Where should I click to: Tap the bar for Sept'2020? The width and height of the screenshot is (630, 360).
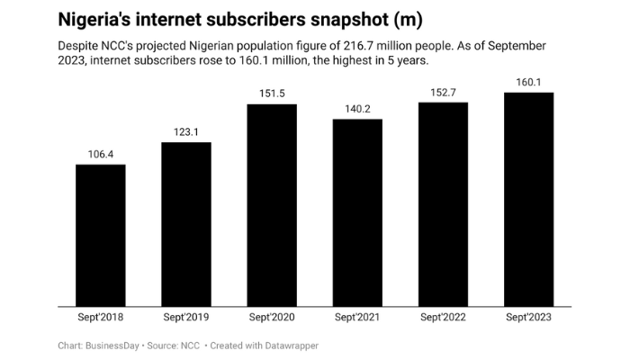point(272,204)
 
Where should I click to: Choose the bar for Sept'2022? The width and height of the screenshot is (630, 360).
point(443,203)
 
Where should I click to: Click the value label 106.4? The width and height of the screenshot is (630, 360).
point(101,154)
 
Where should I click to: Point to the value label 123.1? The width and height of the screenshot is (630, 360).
point(186,132)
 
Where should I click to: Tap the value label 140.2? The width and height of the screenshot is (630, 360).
point(357,109)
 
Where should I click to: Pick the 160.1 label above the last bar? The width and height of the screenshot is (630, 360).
point(528,82)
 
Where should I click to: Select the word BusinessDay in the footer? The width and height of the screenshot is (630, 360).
point(117,346)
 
